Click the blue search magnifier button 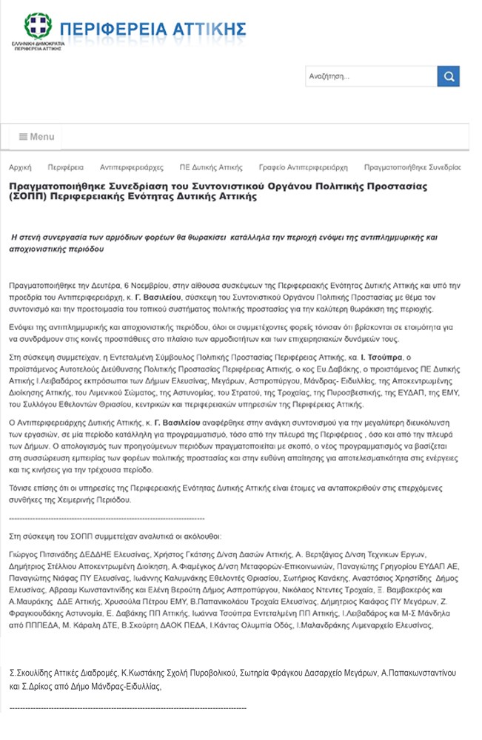click(x=448, y=76)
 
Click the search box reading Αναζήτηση click(x=370, y=76)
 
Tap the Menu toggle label click(x=37, y=137)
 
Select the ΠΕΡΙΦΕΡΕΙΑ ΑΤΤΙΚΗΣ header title click(x=152, y=29)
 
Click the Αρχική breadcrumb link click(x=20, y=167)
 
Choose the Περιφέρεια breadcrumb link click(x=65, y=167)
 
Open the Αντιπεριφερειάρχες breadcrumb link click(x=131, y=167)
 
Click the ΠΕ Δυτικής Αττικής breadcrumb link click(x=210, y=167)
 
